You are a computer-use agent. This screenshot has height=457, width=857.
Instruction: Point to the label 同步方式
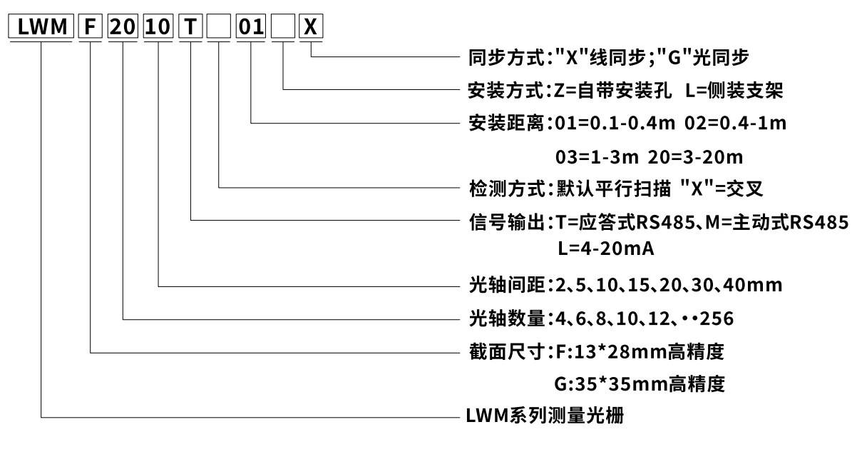(x=506, y=56)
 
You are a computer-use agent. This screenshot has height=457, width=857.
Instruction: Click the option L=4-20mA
(x=606, y=249)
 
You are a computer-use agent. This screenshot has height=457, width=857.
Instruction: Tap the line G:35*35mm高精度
(x=640, y=384)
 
